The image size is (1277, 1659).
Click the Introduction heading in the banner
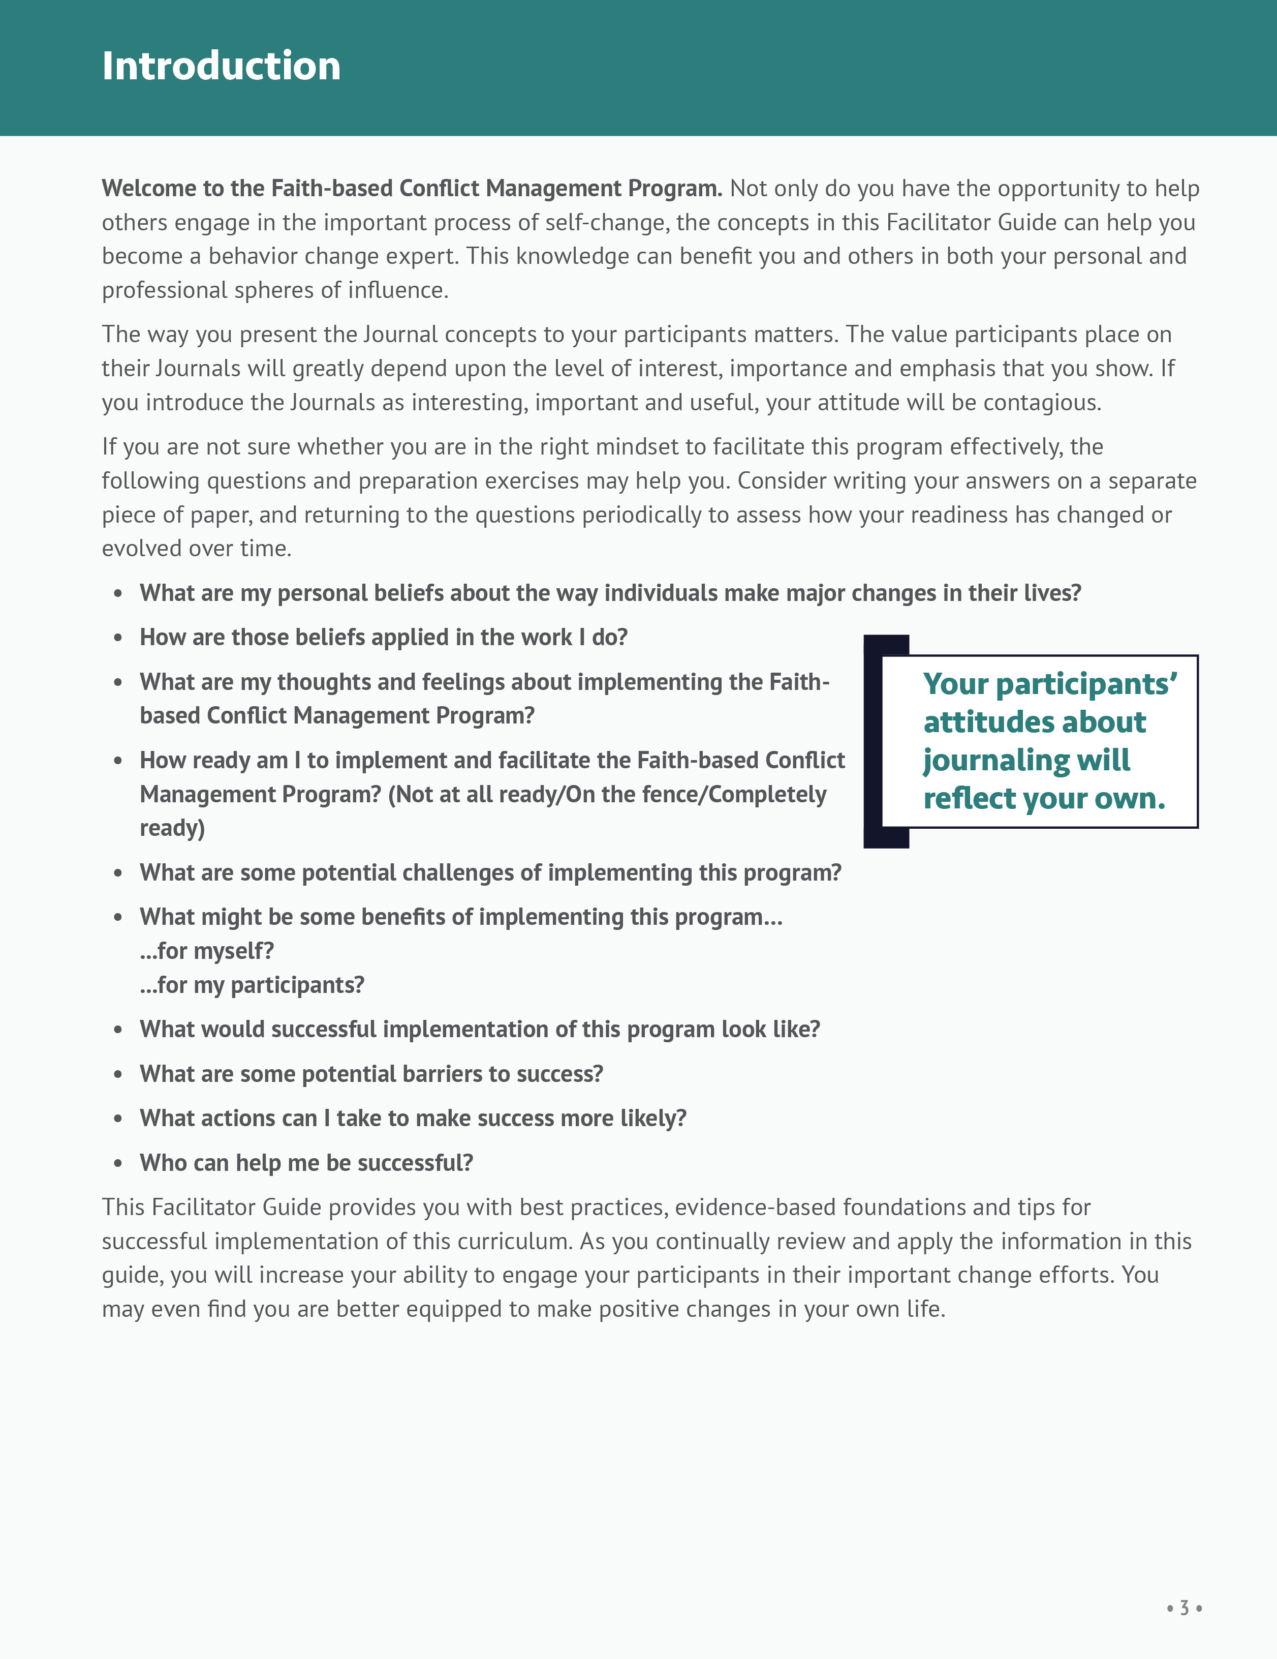pos(221,66)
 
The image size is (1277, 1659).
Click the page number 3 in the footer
pos(1183,1608)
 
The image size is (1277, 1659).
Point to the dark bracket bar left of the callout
pos(873,741)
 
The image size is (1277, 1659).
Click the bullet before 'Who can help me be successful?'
pos(118,1164)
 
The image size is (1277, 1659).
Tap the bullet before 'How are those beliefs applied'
pos(118,638)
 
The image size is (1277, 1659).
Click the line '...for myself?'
pos(206,951)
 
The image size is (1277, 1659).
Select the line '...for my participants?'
pos(252,985)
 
